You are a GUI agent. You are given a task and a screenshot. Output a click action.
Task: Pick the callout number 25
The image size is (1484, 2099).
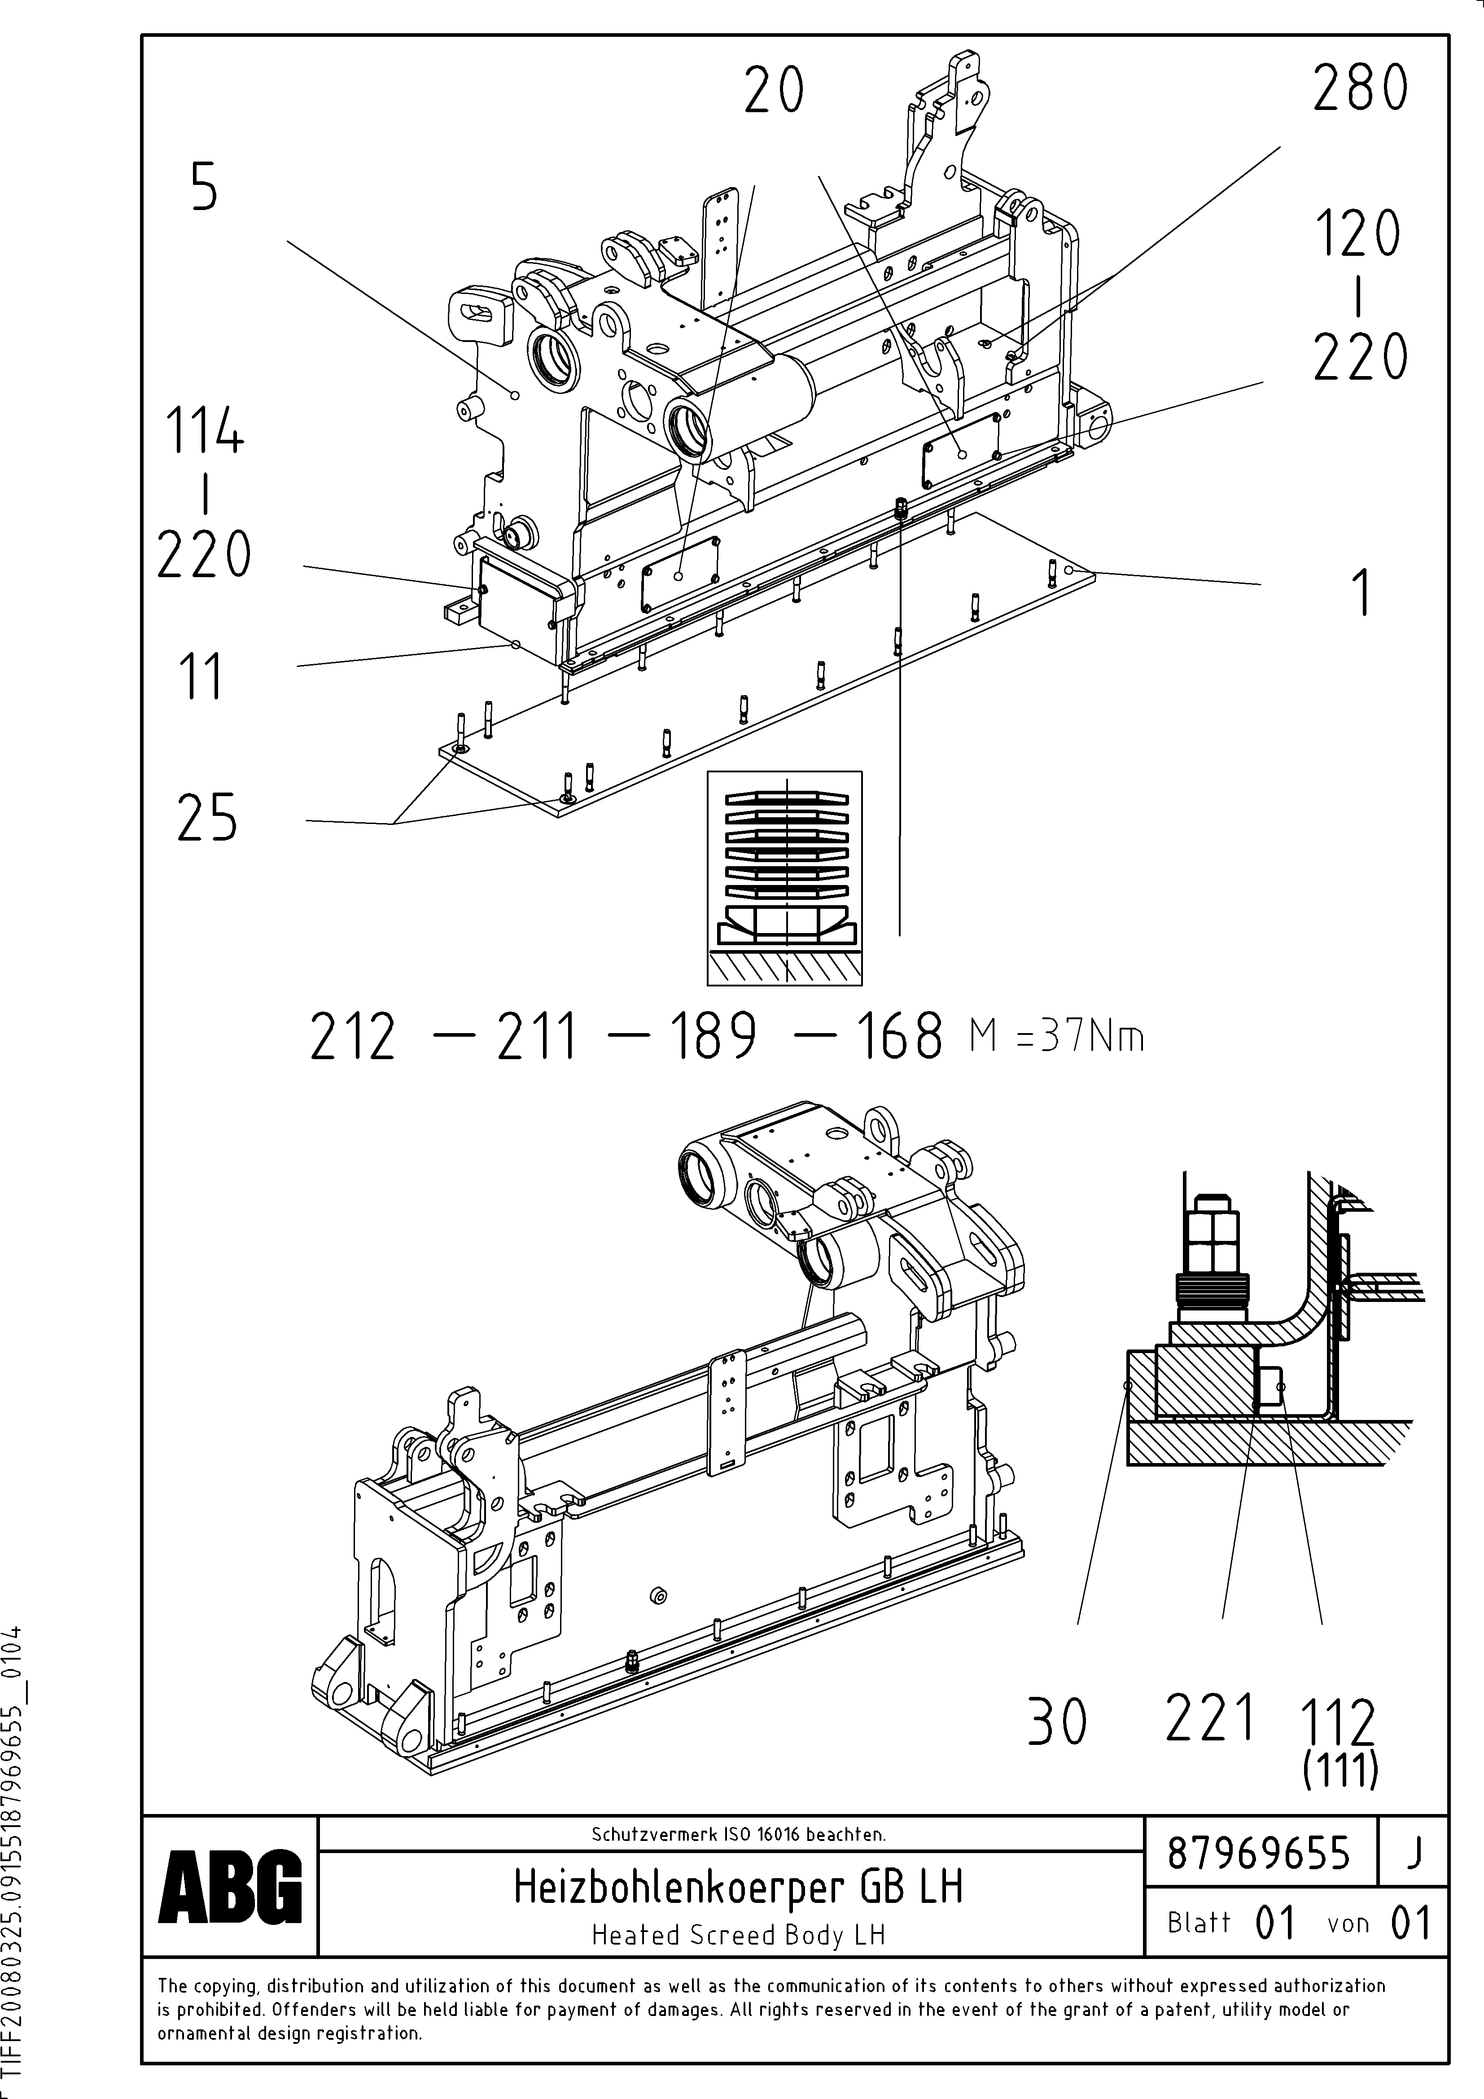206,817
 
